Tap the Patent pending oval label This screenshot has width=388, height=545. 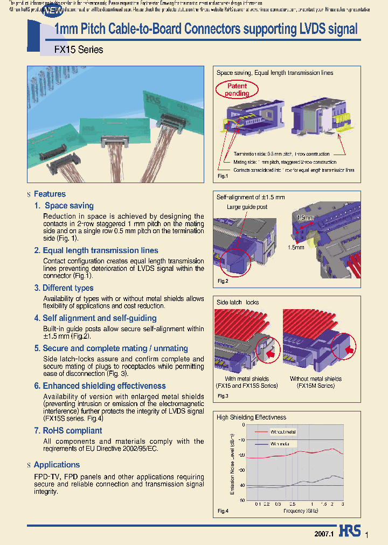point(237,89)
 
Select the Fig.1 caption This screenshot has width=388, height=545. point(223,176)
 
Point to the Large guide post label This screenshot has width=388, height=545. point(247,206)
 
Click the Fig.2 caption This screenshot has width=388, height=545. point(223,281)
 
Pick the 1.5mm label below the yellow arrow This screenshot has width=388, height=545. point(295,248)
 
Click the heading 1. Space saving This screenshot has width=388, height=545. point(64,206)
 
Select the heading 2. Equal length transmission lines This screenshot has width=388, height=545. point(96,250)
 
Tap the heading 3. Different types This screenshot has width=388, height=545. point(64,288)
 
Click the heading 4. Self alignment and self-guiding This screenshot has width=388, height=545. point(95,318)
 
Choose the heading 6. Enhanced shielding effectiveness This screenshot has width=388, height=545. point(100,386)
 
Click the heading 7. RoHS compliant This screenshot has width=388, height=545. point(68,430)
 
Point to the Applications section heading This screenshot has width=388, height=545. point(57,465)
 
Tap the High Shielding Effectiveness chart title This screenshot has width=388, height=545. point(251,417)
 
